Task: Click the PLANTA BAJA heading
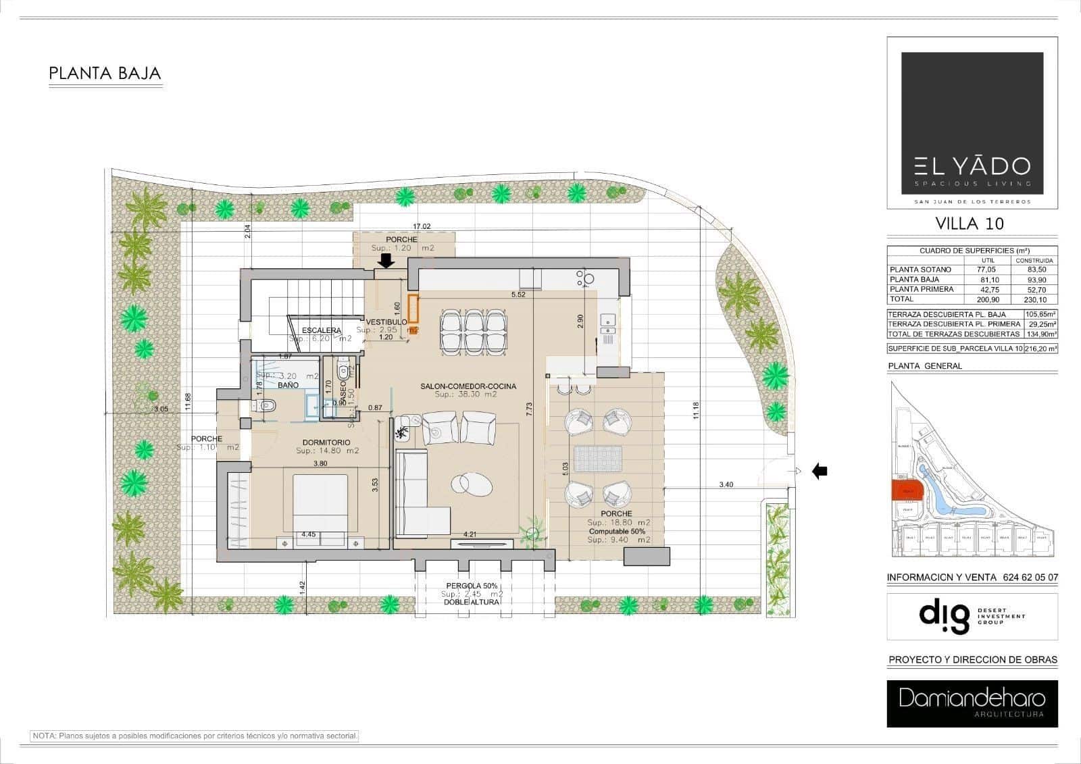click(x=105, y=73)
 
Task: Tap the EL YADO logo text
click(x=972, y=165)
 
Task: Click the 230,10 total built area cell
click(x=1034, y=299)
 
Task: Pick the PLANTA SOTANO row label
click(x=920, y=270)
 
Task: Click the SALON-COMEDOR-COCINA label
click(x=468, y=386)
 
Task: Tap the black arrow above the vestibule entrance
click(x=386, y=261)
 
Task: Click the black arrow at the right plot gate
click(x=819, y=471)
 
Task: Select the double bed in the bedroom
click(x=320, y=503)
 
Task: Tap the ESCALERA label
click(x=322, y=330)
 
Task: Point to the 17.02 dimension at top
click(x=422, y=227)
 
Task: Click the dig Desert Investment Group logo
click(x=972, y=616)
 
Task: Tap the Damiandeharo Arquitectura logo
click(x=972, y=703)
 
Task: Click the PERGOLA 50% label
click(x=472, y=586)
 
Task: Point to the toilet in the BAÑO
click(x=266, y=405)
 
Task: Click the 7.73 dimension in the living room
click(x=529, y=409)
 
